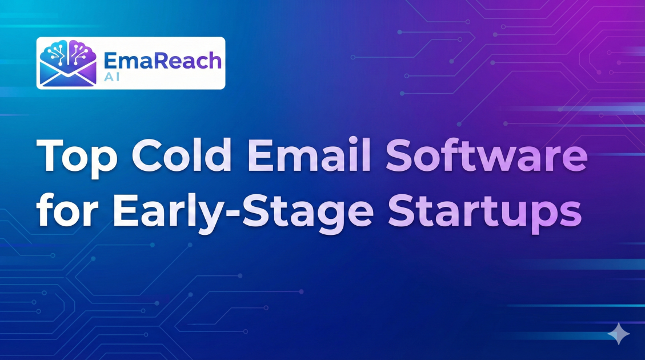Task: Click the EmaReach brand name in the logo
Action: click(x=162, y=59)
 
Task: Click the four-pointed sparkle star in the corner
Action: click(x=618, y=334)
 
